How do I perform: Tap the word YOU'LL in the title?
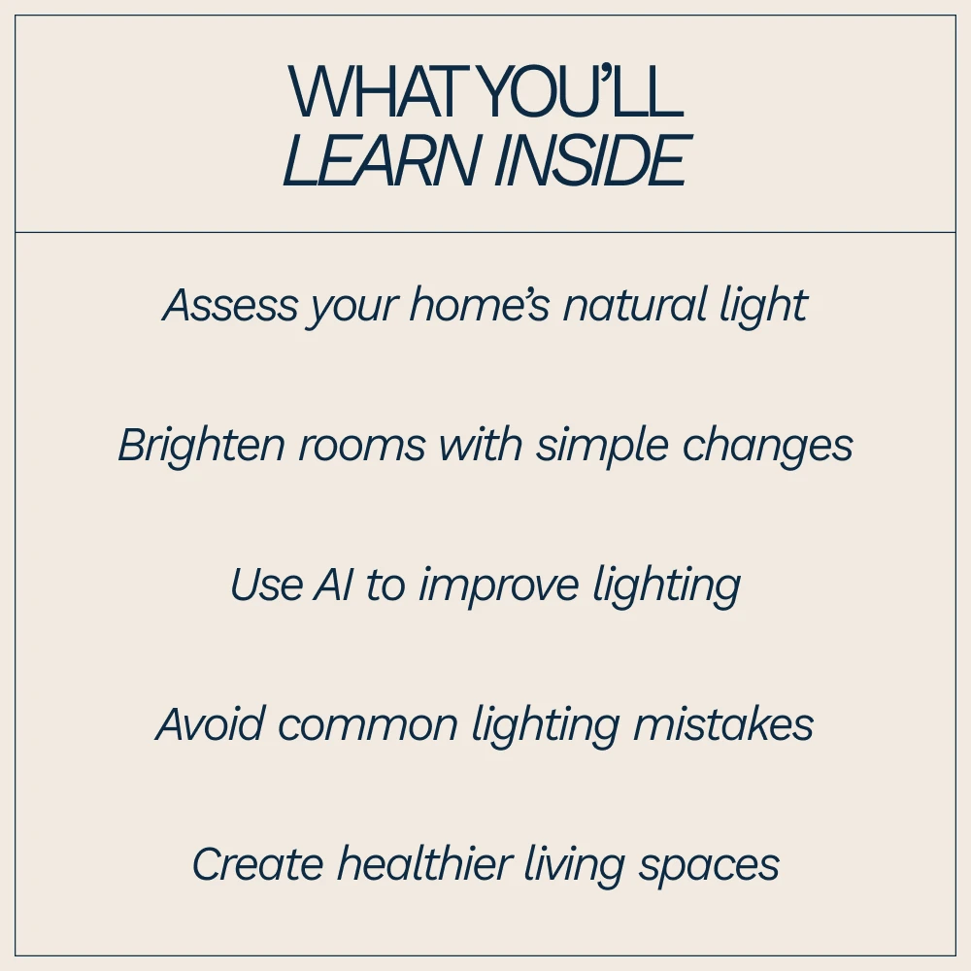[x=581, y=91]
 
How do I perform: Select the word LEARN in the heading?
[x=382, y=160]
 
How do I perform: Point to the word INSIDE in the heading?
[x=592, y=160]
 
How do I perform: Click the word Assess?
[x=230, y=305]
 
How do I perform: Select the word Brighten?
[x=201, y=446]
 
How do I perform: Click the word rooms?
[x=362, y=446]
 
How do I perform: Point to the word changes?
[x=767, y=446]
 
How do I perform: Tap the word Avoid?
[x=211, y=723]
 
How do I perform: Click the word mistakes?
[x=722, y=723]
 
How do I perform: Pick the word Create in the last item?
[x=258, y=864]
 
